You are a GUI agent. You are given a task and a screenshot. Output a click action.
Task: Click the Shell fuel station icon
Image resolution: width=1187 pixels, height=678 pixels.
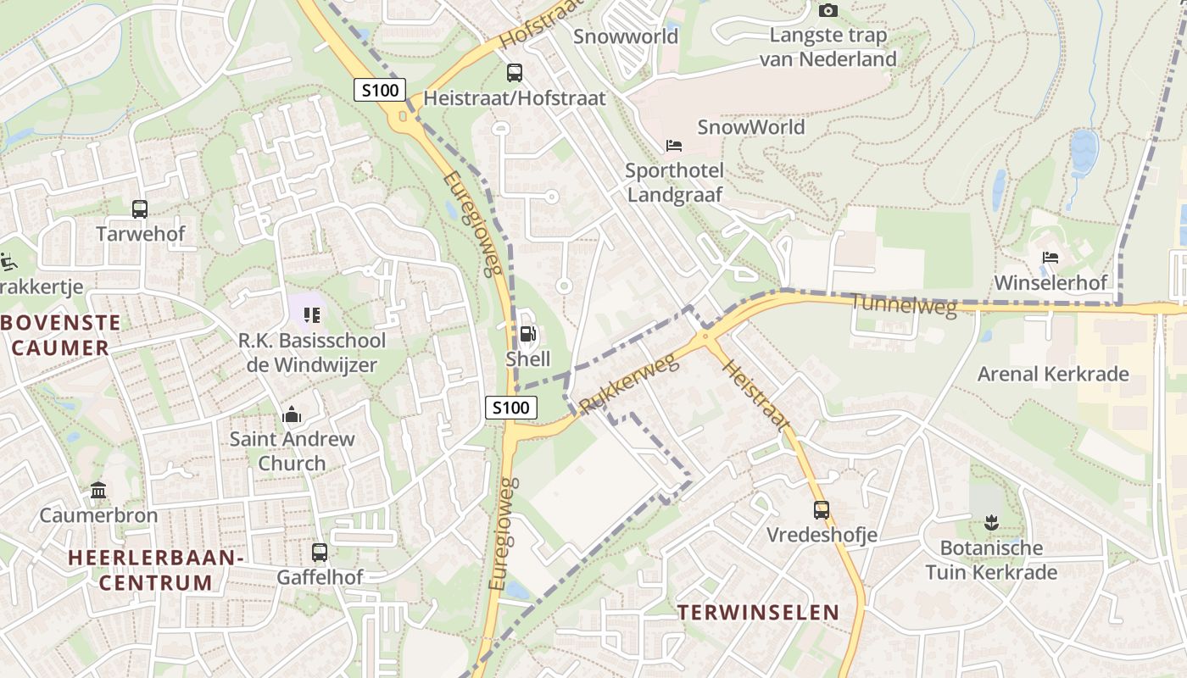[x=527, y=335]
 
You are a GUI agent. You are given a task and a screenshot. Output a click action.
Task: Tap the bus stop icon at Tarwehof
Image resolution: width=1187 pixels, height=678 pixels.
[x=140, y=208]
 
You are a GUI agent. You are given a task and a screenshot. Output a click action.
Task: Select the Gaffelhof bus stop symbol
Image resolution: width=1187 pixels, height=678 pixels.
[x=320, y=553]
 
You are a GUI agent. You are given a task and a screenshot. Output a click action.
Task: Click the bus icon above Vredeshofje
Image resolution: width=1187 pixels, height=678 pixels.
[x=822, y=510]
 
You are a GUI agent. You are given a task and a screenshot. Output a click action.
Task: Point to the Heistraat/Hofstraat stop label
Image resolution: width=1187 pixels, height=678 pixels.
[x=515, y=98]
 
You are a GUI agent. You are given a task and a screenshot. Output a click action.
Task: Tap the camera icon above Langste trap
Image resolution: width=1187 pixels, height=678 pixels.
[x=828, y=11]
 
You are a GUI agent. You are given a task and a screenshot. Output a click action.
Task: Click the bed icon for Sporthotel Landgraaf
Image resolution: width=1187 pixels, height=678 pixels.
[x=674, y=146]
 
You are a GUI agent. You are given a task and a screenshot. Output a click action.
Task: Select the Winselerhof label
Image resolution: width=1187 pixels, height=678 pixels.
[x=1051, y=282]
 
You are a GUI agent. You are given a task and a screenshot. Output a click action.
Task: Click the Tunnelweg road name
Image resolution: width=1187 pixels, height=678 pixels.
[x=903, y=305]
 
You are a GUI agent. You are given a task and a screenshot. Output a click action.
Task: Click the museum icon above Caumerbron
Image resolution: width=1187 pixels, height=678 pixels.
[x=98, y=491]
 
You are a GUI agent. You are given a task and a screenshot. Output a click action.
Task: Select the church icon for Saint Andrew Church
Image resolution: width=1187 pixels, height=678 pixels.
[x=292, y=415]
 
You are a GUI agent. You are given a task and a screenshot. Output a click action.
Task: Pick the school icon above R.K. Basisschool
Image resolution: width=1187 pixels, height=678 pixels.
[x=311, y=315]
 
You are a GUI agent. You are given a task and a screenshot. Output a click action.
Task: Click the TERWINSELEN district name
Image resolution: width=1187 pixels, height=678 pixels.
[x=758, y=612]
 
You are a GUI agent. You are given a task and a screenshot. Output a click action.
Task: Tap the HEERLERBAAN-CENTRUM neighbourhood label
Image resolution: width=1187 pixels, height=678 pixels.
[x=156, y=570]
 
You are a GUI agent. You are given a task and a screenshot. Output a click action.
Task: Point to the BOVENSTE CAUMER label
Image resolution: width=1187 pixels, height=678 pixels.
[x=61, y=335]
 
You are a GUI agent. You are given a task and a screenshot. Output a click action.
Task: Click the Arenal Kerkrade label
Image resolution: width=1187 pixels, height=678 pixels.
[x=1053, y=374]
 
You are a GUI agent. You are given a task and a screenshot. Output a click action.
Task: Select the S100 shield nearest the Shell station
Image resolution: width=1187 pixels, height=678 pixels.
[x=511, y=408]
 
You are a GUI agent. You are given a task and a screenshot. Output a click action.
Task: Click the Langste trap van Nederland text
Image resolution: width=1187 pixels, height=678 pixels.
[x=828, y=47]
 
